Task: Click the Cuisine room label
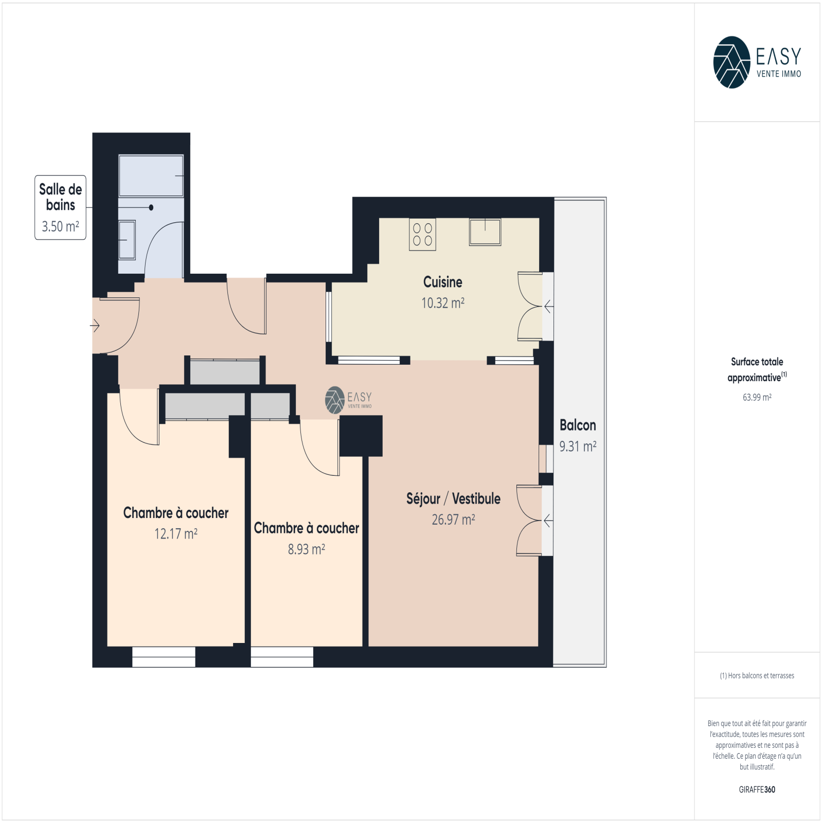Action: tap(442, 282)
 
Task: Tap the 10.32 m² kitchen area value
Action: tap(443, 303)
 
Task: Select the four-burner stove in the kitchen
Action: tap(422, 235)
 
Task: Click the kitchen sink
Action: tap(485, 232)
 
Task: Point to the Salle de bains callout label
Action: tap(61, 197)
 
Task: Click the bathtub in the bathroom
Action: tap(151, 176)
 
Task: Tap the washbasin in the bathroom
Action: tap(127, 240)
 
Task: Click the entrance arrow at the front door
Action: tap(95, 326)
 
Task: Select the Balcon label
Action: tap(578, 425)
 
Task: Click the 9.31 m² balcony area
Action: tap(578, 446)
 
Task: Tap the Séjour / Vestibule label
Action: tap(453, 498)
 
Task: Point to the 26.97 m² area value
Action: tap(453, 520)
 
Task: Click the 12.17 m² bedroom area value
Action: tap(176, 534)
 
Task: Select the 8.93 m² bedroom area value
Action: tap(306, 549)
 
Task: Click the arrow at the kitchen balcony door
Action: tap(549, 307)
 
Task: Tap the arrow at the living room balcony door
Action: tap(548, 521)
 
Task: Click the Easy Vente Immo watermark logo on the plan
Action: tap(348, 400)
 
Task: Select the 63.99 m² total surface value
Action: tap(757, 397)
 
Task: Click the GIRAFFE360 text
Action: tap(757, 790)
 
